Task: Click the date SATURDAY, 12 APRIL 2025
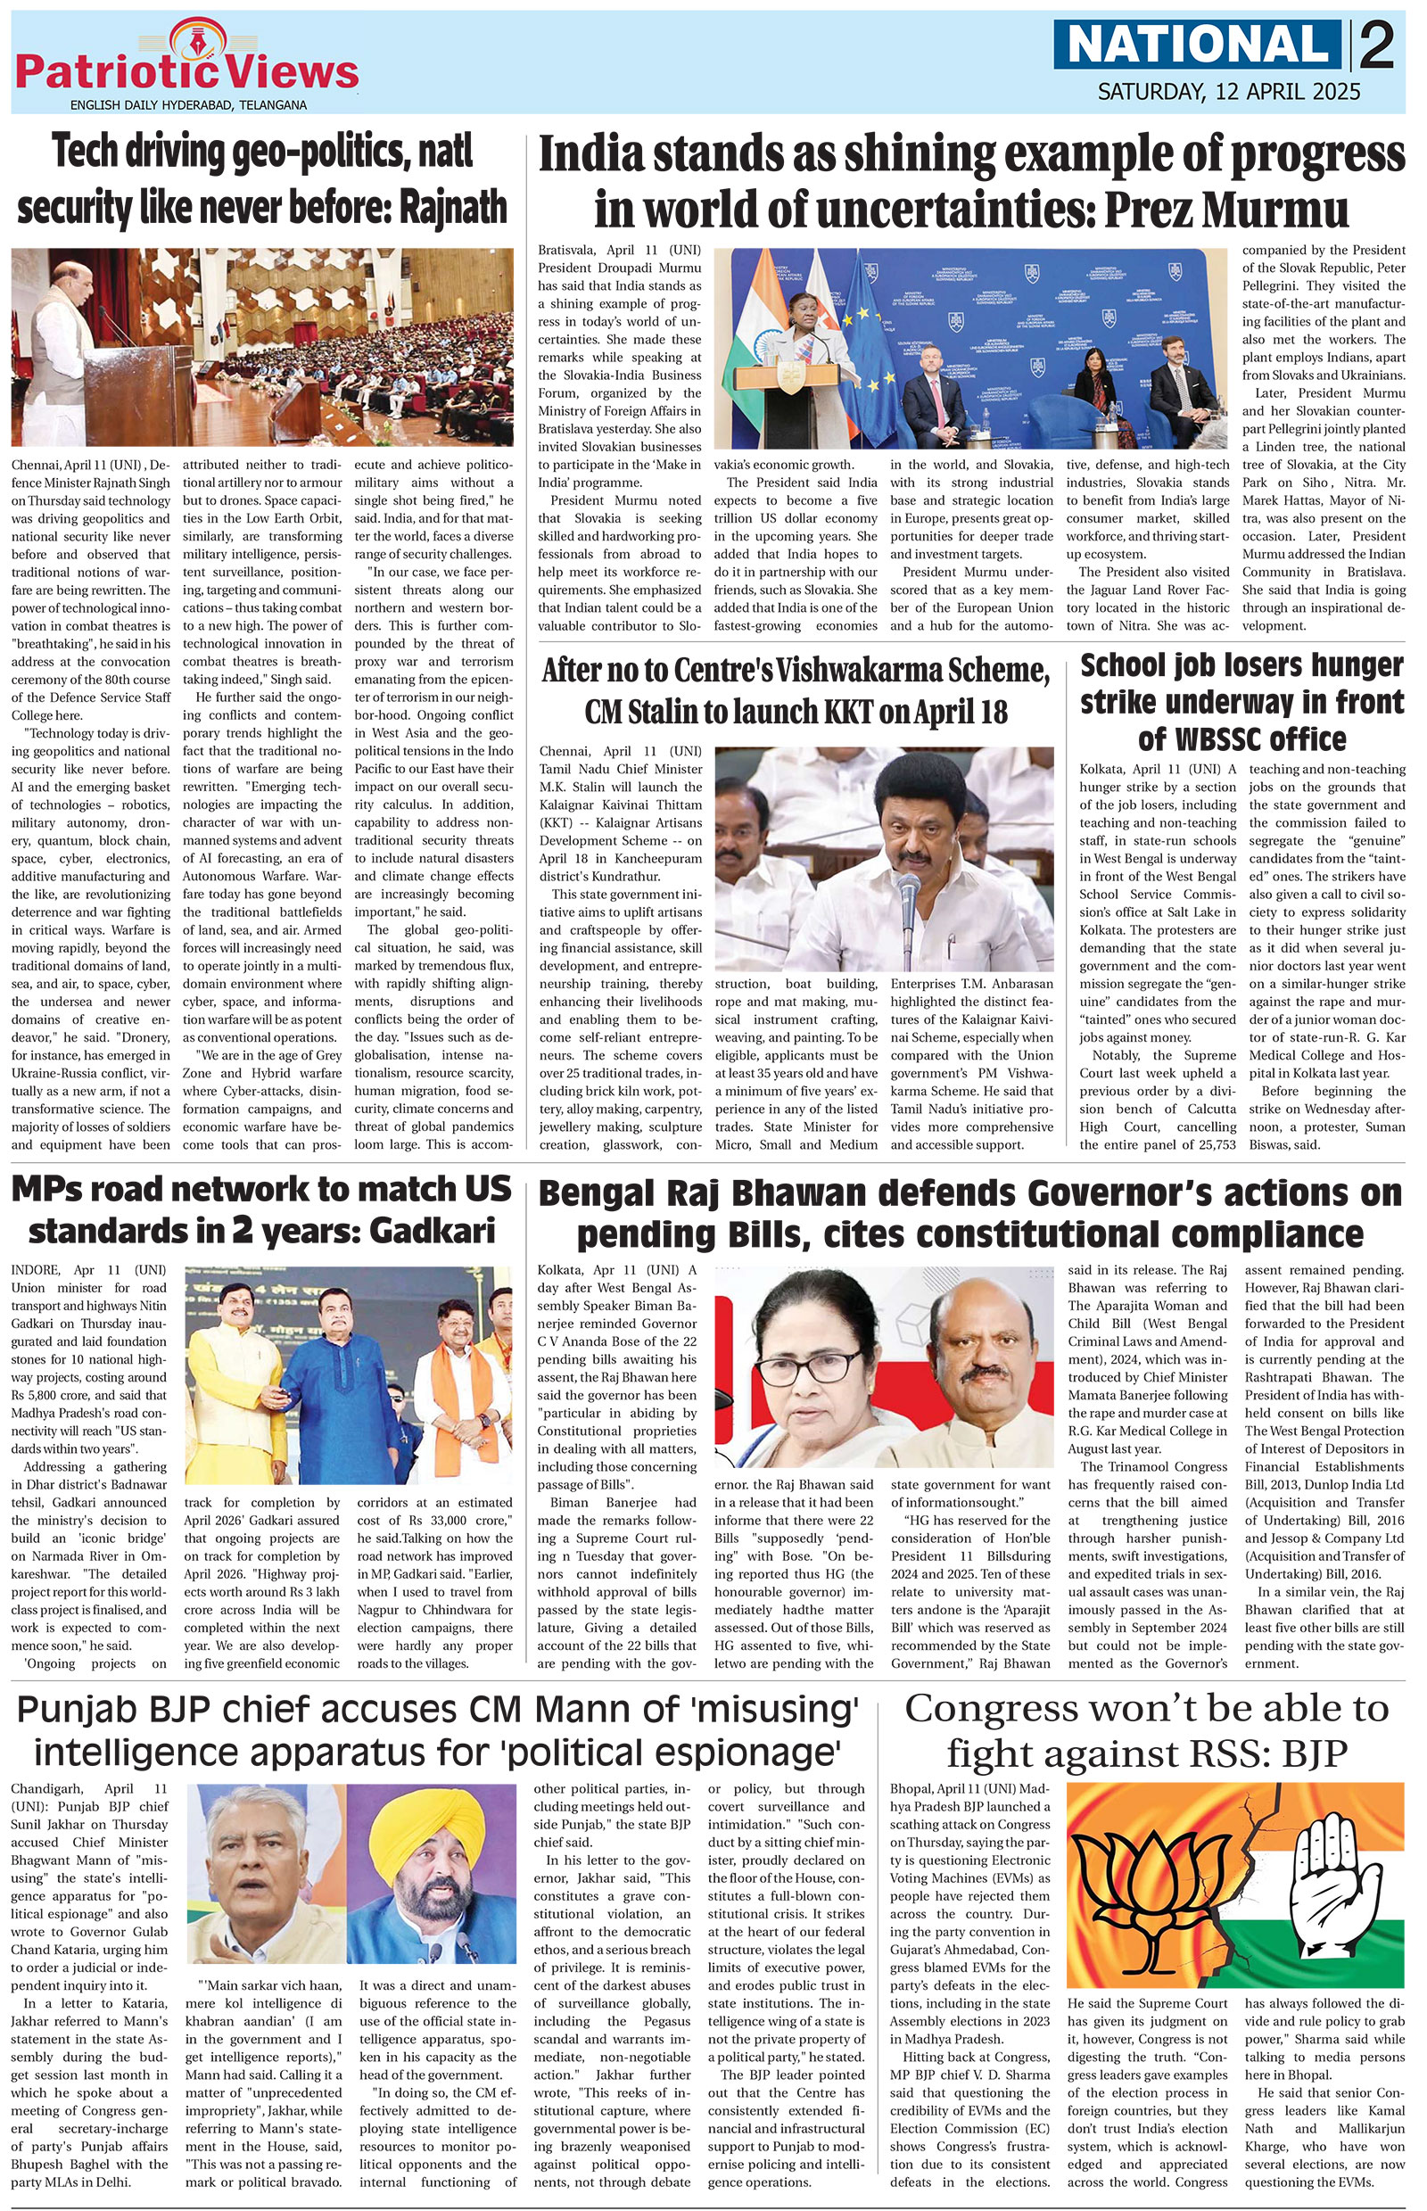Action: [x=1229, y=92]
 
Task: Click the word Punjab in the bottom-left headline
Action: [x=81, y=1707]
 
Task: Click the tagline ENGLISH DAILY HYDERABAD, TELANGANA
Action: [x=188, y=105]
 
